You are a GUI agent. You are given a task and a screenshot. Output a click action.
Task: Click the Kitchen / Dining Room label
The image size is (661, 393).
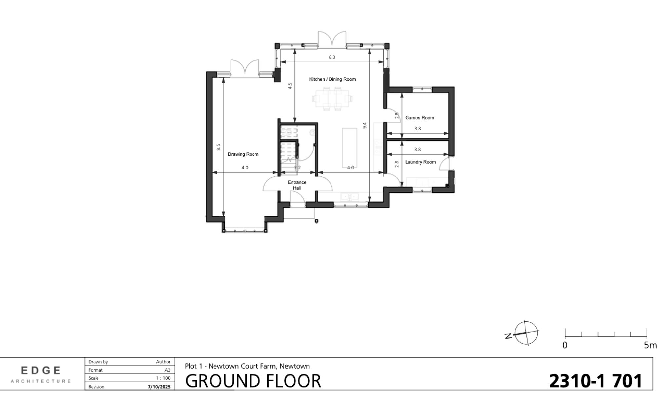332,79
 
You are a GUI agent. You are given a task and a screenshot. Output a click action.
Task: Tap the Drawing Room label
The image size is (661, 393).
243,154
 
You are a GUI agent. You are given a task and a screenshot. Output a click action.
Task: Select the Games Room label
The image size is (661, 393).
419,118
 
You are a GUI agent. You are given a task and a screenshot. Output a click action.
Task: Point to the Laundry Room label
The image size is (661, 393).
420,162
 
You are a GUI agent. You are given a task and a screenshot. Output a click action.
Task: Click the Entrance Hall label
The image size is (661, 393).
297,185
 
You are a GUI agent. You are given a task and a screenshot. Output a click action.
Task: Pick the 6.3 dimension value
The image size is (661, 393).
332,57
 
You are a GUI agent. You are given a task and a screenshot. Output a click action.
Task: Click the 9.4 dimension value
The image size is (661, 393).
365,125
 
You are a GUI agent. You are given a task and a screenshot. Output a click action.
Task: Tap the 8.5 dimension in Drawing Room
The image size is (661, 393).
218,147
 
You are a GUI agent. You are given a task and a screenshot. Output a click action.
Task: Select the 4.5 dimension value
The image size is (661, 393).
290,86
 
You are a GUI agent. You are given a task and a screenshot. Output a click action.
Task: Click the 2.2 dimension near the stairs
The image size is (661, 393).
297,168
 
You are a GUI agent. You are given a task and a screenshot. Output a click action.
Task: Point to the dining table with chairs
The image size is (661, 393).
332,98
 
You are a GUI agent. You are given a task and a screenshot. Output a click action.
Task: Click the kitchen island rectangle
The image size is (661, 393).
350,147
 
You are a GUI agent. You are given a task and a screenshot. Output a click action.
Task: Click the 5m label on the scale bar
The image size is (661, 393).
650,346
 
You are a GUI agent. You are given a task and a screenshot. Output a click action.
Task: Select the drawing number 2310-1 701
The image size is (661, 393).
595,381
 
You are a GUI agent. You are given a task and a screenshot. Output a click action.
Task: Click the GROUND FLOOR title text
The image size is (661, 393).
253,381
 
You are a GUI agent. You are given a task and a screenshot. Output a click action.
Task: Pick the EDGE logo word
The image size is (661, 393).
41,370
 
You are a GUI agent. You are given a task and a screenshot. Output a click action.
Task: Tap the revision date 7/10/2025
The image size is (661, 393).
159,387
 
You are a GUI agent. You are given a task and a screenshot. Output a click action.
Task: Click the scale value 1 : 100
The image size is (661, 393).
164,378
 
